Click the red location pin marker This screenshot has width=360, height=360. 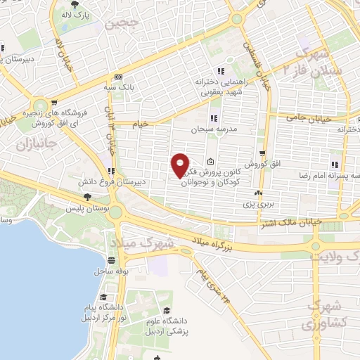coord(180,165)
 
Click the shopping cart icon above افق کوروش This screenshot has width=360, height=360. coord(262,153)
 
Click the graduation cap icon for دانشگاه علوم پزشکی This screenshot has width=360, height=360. coord(167,310)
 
